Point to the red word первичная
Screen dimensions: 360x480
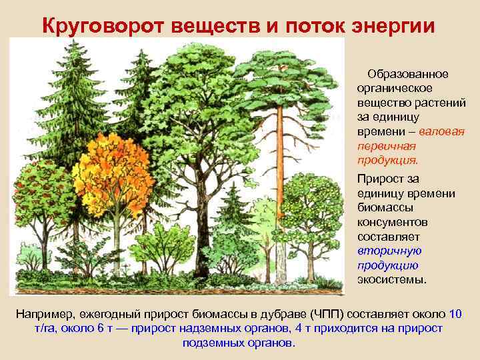click(386, 146)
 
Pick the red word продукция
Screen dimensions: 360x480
click(387, 161)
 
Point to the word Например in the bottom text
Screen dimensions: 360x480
click(45, 314)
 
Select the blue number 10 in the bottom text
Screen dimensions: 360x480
click(456, 314)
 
